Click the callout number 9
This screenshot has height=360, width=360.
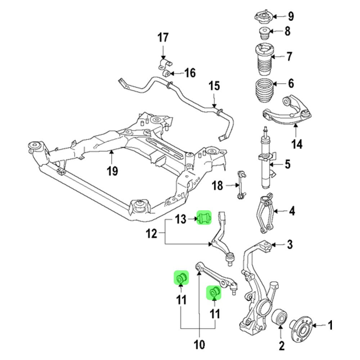pos(291,16)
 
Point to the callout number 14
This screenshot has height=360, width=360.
pos(297,144)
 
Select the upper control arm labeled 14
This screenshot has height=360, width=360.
pos(288,112)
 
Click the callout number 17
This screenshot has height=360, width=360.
pos(163,37)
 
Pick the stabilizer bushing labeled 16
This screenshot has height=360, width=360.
pos(166,73)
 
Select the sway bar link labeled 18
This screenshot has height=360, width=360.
pos(241,185)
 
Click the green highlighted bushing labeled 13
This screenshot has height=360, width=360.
pos(203,218)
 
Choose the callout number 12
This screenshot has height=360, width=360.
pos(151,234)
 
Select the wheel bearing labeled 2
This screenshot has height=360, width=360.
pos(280,318)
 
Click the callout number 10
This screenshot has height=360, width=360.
pos(199,345)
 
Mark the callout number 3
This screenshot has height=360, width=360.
pos(290,245)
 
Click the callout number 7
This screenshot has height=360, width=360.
pos(289,57)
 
